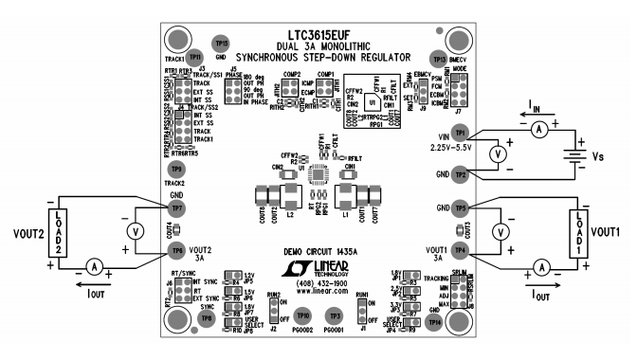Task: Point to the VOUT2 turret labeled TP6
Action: coord(175,249)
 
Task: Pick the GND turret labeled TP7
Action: coord(175,207)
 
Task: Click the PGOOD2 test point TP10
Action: coord(302,314)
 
